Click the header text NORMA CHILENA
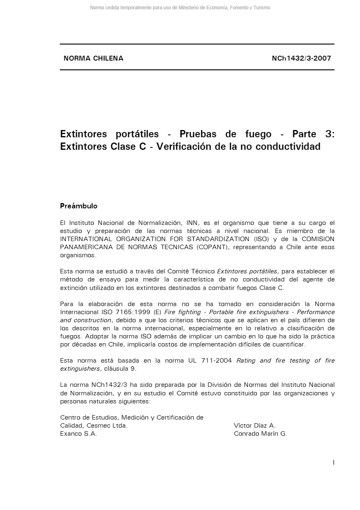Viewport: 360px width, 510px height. pos(93,58)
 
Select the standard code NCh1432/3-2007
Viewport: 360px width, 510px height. pos(301,58)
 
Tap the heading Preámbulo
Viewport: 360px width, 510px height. pos(79,206)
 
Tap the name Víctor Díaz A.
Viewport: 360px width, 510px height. pos(254,426)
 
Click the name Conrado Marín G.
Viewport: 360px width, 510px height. pos(260,434)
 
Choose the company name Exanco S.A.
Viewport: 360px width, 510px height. pos(79,434)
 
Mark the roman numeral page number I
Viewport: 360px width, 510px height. pos(333,462)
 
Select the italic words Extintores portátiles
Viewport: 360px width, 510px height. pos(247,271)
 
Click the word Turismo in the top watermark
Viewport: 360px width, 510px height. pos(262,8)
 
